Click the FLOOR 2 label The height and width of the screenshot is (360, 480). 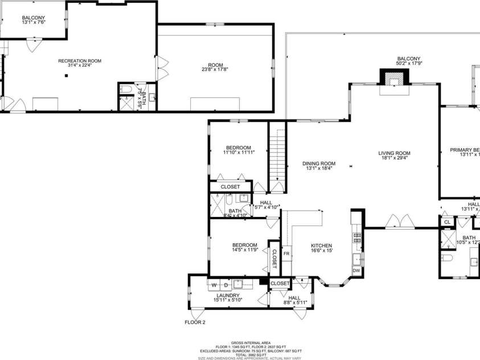tap(195, 322)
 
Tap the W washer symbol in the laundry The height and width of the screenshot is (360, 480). tap(214, 284)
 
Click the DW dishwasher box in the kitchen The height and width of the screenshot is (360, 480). tap(356, 271)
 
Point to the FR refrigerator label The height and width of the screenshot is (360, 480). tap(287, 253)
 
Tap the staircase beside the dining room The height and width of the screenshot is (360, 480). tap(277, 154)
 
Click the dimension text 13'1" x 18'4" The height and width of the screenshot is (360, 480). tap(318, 168)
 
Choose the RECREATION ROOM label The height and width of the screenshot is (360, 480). tap(80, 61)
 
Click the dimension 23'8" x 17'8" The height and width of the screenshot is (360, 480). tap(215, 70)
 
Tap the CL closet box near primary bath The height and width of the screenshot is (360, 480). tap(447, 222)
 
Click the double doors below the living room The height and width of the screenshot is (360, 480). tap(397, 221)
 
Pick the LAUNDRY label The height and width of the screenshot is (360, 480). tap(227, 295)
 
